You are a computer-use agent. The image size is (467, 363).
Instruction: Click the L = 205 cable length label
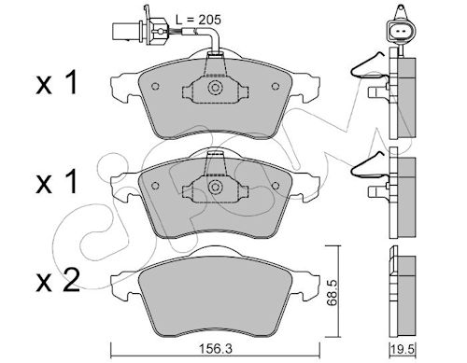(198, 20)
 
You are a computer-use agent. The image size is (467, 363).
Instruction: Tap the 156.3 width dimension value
(215, 349)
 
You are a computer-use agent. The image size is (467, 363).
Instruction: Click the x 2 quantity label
(58, 281)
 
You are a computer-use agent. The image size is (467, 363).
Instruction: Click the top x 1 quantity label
(56, 82)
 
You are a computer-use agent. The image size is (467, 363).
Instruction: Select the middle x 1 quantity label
(56, 182)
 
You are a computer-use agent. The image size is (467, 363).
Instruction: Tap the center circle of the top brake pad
(215, 87)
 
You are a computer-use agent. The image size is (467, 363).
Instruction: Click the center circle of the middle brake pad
(215, 187)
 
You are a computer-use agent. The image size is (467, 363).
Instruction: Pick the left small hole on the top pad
(155, 86)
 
